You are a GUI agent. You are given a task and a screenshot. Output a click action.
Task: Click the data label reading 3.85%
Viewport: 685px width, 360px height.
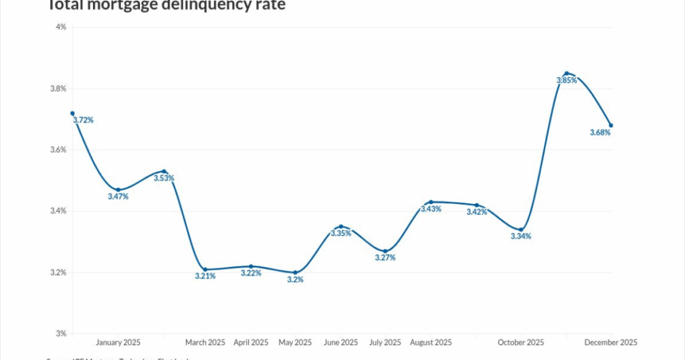[x=566, y=80]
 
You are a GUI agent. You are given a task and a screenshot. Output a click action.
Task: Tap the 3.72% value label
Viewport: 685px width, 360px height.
[x=83, y=120]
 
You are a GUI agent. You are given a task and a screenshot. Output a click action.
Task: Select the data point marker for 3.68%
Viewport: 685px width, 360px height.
[x=611, y=125]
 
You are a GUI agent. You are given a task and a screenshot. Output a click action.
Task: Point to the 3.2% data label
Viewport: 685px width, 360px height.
[x=295, y=280]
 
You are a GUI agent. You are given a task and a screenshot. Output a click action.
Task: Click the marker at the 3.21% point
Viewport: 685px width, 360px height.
[x=205, y=269]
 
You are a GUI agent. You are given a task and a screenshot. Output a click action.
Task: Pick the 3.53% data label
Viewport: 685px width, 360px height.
[x=164, y=179]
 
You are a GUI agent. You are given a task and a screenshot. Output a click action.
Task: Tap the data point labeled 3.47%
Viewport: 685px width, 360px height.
[x=118, y=190]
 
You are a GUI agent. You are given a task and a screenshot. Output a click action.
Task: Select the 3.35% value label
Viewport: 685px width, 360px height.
[x=340, y=234]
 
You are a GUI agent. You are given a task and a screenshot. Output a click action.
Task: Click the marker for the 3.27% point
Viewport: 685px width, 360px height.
[x=385, y=251]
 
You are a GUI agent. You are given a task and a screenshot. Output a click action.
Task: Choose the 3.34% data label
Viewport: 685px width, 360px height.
[x=520, y=236]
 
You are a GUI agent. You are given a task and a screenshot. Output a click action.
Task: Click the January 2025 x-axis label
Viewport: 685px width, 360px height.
[x=118, y=343]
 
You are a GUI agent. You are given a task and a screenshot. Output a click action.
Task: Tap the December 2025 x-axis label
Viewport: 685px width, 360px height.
[x=610, y=343]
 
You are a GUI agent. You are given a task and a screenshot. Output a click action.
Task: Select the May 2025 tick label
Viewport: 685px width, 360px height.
[x=295, y=343]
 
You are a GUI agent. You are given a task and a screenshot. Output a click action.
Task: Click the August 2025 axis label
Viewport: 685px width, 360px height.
[x=430, y=343]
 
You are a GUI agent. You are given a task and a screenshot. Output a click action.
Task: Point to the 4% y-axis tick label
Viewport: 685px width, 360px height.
[x=61, y=27]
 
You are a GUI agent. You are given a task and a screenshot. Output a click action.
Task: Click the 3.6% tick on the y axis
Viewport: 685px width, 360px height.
[x=58, y=150]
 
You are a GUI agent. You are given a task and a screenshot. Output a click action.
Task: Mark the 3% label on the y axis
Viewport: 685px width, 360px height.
[x=61, y=334]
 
